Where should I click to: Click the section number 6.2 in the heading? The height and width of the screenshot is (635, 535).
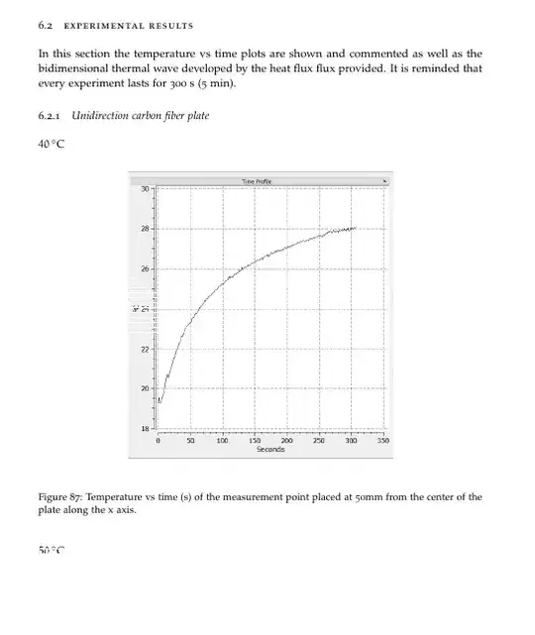tap(47, 25)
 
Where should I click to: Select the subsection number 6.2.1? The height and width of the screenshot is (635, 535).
tap(50, 117)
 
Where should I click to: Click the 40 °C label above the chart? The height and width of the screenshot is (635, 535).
tap(52, 145)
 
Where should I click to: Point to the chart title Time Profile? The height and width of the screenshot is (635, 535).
tap(257, 180)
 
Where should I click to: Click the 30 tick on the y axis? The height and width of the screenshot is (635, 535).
tap(144, 188)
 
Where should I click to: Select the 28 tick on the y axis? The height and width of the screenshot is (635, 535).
tap(144, 229)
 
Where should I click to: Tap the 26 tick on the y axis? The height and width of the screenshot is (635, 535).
tap(144, 268)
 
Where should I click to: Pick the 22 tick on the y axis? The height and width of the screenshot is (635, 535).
tap(144, 349)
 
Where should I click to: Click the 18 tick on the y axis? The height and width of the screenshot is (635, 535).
tap(144, 429)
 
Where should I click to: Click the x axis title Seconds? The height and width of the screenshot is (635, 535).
tap(270, 449)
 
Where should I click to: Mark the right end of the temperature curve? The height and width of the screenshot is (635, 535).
tap(355, 228)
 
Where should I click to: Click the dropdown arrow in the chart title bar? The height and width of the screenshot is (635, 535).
tap(383, 180)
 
